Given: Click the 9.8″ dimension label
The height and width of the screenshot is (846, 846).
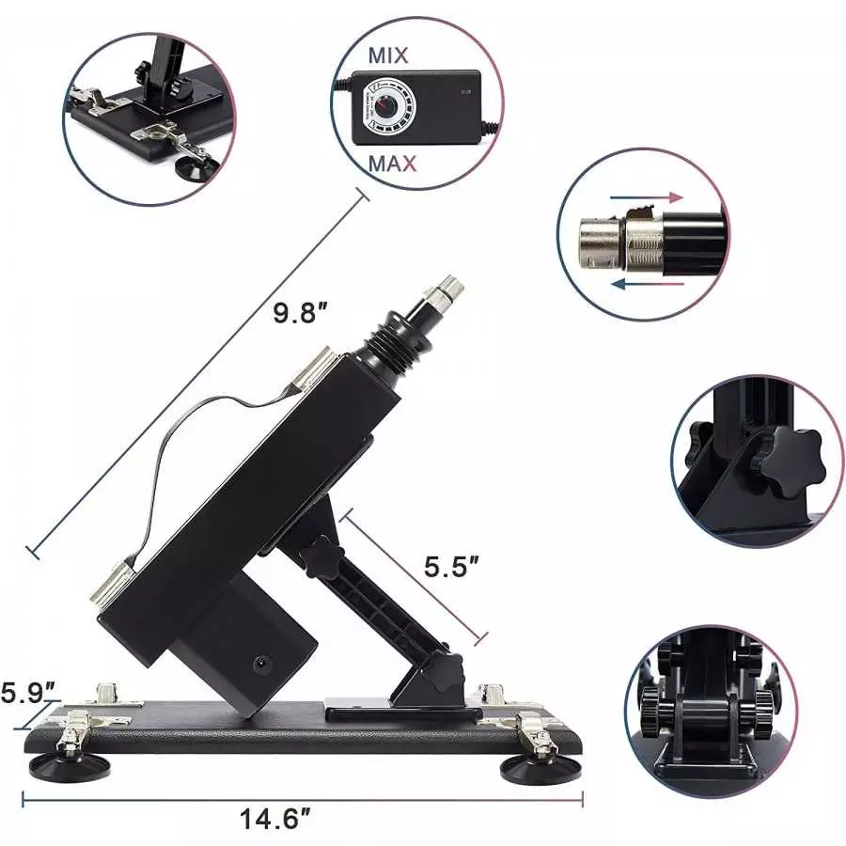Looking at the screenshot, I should (x=299, y=314).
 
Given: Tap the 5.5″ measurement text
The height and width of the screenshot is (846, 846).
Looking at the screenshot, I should (x=453, y=567).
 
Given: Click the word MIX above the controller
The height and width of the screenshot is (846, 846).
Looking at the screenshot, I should (x=388, y=55).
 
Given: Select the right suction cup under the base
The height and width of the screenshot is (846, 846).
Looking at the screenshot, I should (x=540, y=768).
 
